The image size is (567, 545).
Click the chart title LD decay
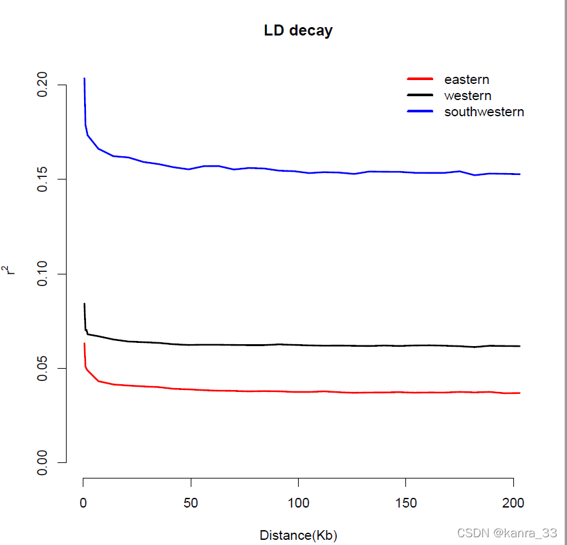[x=298, y=30]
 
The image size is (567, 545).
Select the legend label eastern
[x=466, y=79]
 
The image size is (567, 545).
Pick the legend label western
[x=467, y=96]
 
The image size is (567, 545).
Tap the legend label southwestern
[x=484, y=112]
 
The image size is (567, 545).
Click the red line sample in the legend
[x=420, y=79]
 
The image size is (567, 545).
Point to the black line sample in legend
[x=420, y=95]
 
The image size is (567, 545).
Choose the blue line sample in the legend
[x=420, y=111]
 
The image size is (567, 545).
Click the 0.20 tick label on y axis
[x=43, y=85]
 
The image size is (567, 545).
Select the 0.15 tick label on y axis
[x=43, y=179]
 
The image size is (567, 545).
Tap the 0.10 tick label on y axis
[x=43, y=274]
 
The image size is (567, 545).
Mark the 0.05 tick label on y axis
[x=43, y=368]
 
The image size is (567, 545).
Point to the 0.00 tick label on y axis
[x=43, y=462]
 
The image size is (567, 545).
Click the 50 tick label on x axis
[x=191, y=502]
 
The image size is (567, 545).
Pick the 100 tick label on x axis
[x=298, y=502]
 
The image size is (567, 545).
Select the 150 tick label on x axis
[x=405, y=502]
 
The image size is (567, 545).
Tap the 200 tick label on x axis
[x=513, y=502]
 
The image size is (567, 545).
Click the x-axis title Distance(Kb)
[x=298, y=535]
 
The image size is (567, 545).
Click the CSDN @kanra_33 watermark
[x=506, y=533]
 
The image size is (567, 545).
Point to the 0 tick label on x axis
[x=83, y=502]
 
